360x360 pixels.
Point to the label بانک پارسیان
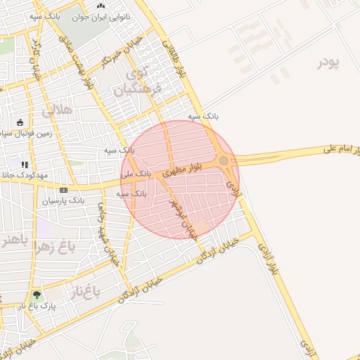(x=82, y=200)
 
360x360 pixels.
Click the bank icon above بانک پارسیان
(x=65, y=189)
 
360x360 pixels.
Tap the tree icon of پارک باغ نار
(x=37, y=295)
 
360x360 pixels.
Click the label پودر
(x=328, y=62)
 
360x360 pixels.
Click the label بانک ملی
(x=135, y=173)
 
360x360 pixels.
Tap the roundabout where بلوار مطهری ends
(x=224, y=162)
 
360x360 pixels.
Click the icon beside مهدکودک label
(x=25, y=165)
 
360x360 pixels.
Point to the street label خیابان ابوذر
(x=183, y=219)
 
